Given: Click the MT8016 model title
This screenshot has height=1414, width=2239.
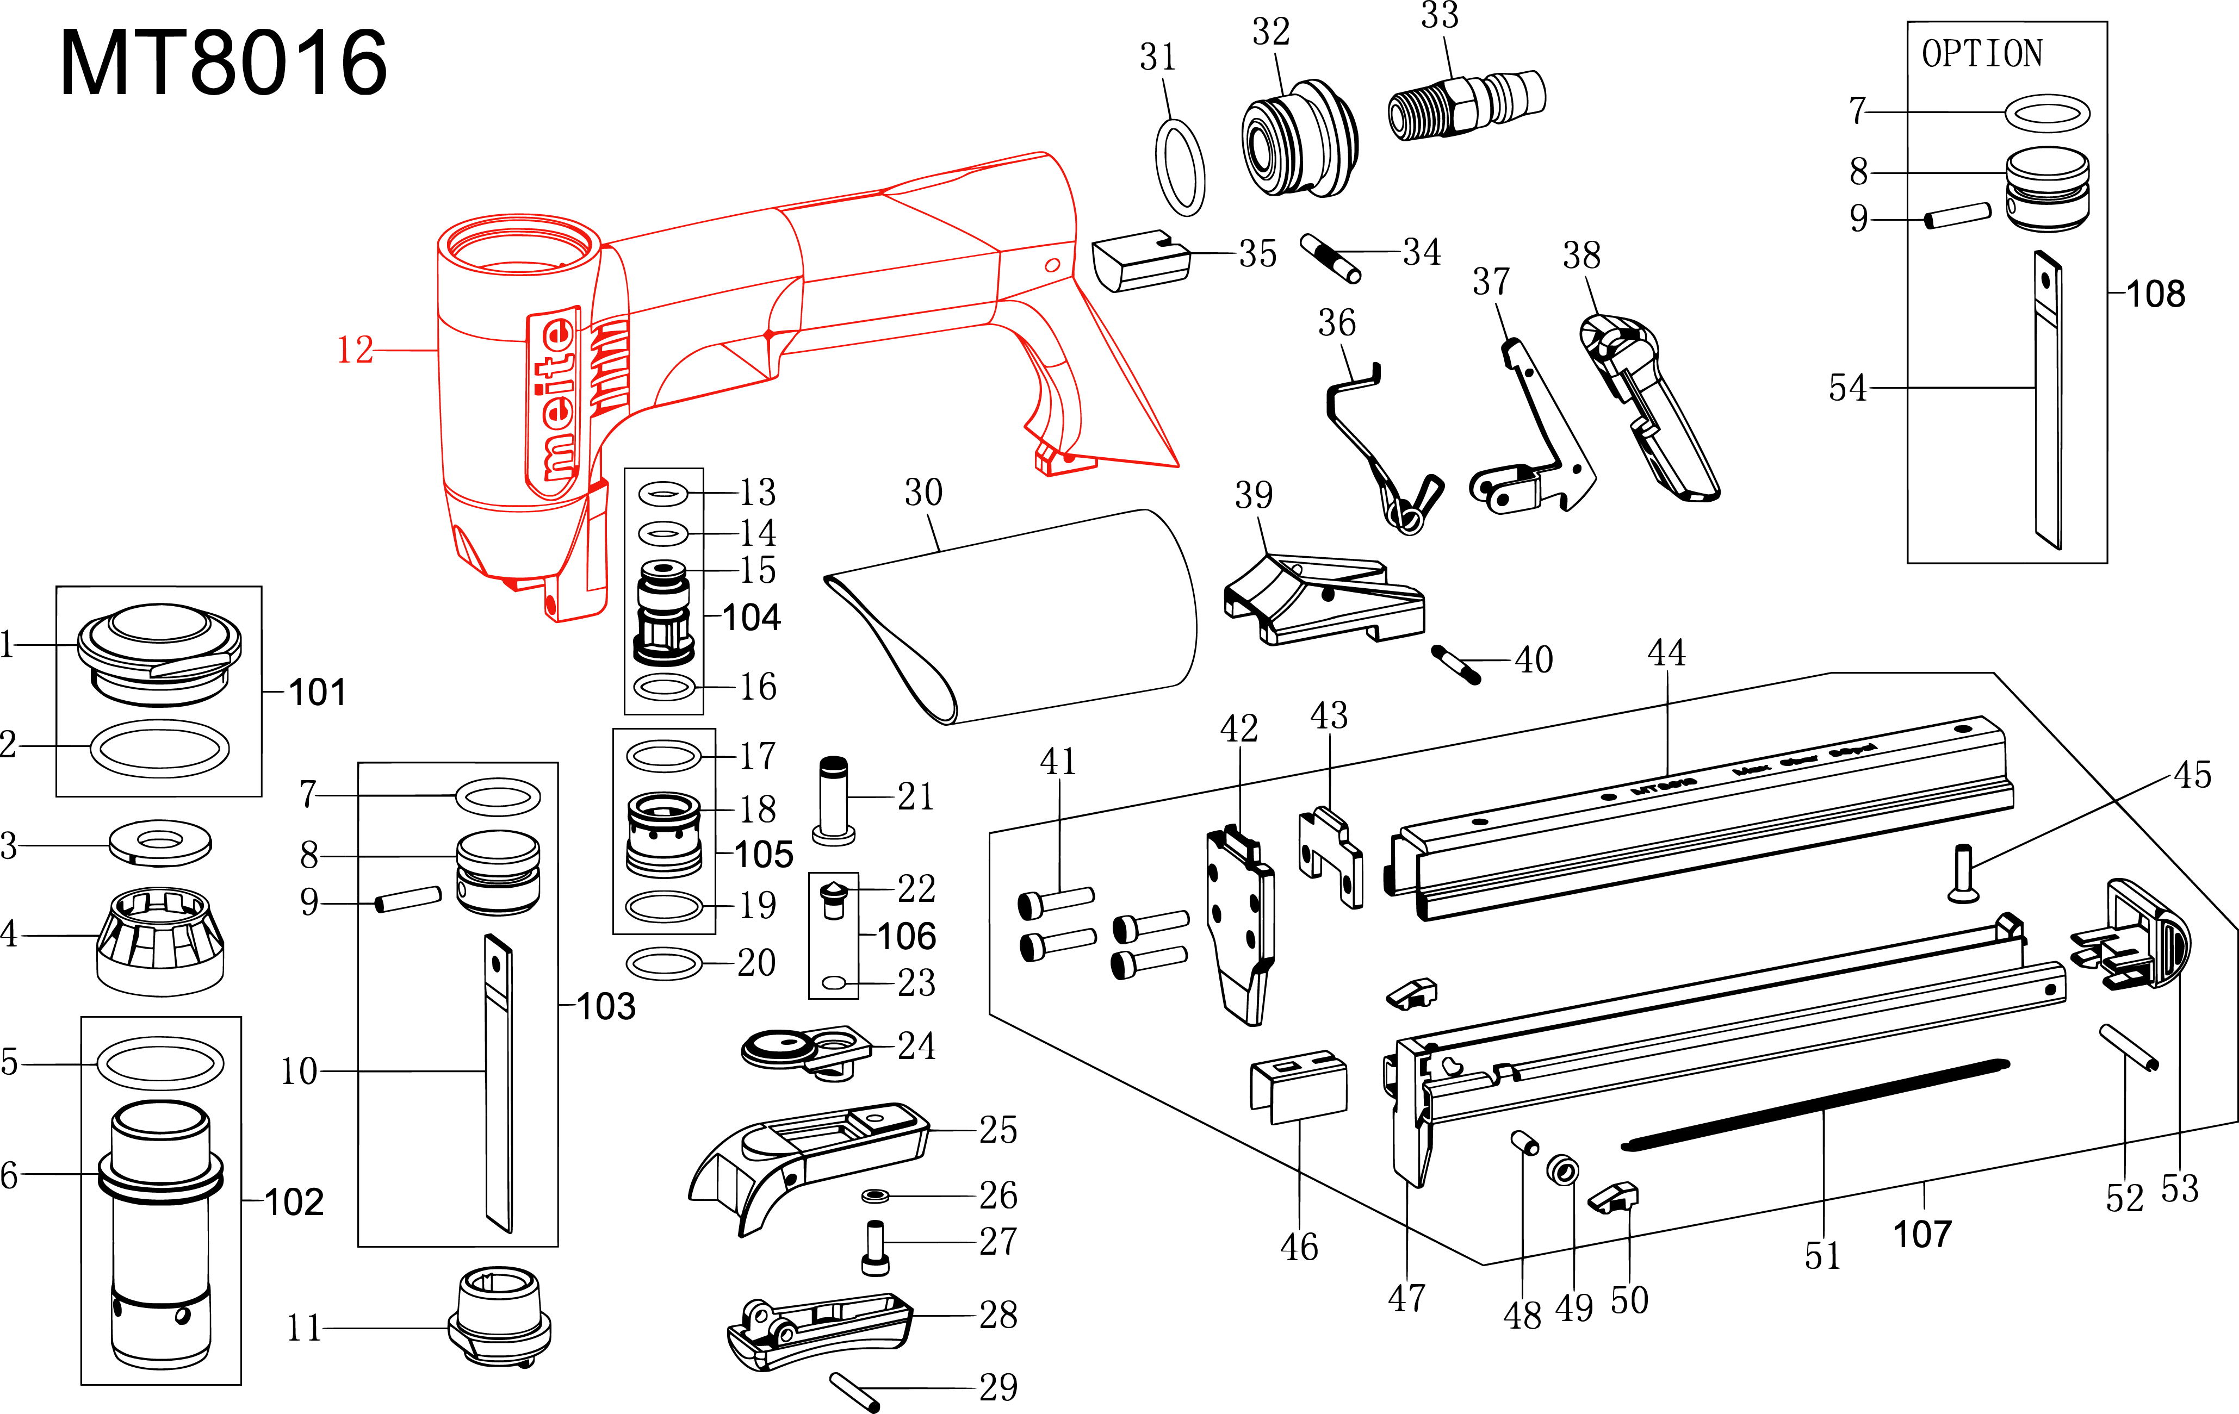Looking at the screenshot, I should click(x=223, y=63).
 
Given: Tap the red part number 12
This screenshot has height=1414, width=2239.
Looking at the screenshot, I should click(x=354, y=351).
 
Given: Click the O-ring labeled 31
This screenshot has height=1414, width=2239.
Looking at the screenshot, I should click(x=1180, y=167).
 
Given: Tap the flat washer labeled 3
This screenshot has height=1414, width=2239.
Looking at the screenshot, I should click(x=160, y=842).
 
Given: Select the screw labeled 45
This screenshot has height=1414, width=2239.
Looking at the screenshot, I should click(x=1962, y=874).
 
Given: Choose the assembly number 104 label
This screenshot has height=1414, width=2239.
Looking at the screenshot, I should click(x=751, y=617).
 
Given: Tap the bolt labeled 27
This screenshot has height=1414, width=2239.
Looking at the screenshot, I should click(x=875, y=1248).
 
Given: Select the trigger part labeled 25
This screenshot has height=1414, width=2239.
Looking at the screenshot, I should click(x=809, y=1157).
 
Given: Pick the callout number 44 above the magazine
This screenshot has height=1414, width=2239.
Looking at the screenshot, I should click(x=1666, y=652).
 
